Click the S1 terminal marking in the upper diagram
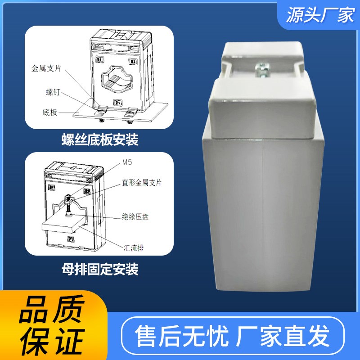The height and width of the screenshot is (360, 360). coord(100,59)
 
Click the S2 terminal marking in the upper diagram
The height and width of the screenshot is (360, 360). coord(133,61)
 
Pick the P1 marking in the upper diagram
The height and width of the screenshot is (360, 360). coord(117,103)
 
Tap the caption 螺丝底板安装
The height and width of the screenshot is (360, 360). coord(99,140)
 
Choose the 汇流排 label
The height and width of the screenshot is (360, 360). coord(135,247)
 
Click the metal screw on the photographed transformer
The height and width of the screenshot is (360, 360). coord(261,69)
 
